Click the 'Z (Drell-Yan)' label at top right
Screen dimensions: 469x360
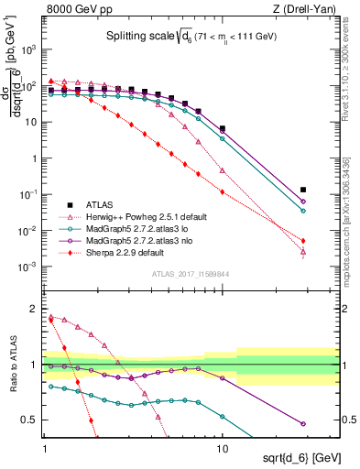click(x=304, y=9)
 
